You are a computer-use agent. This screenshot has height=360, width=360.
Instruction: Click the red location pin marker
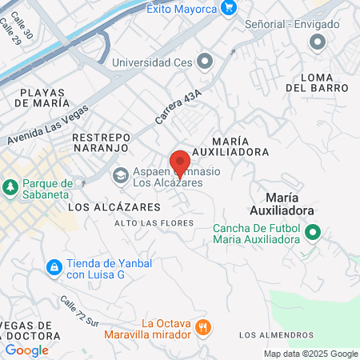pyautogui.click(x=179, y=162)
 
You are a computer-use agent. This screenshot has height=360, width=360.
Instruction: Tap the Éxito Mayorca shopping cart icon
pyautogui.click(x=230, y=8)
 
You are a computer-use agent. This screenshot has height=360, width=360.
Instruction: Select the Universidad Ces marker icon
pyautogui.click(x=206, y=61)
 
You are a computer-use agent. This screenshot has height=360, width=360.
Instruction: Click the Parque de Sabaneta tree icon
pyautogui.click(x=10, y=187)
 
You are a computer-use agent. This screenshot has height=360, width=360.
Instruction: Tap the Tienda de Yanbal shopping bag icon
pyautogui.click(x=54, y=266)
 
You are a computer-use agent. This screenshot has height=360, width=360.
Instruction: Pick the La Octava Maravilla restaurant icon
pyautogui.click(x=204, y=326)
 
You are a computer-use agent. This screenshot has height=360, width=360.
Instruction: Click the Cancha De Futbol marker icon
pyautogui.click(x=313, y=234)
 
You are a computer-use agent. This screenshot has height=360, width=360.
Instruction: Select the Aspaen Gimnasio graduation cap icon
pyautogui.click(x=120, y=175)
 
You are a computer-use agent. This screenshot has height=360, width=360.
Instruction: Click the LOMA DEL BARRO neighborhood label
pyautogui.click(x=315, y=82)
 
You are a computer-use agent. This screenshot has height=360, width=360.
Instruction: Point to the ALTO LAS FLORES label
pyautogui.click(x=154, y=222)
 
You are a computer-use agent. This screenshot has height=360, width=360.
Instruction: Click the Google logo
pyautogui.click(x=26, y=350)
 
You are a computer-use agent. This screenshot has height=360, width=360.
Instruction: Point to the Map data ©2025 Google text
pyautogui.click(x=310, y=354)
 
